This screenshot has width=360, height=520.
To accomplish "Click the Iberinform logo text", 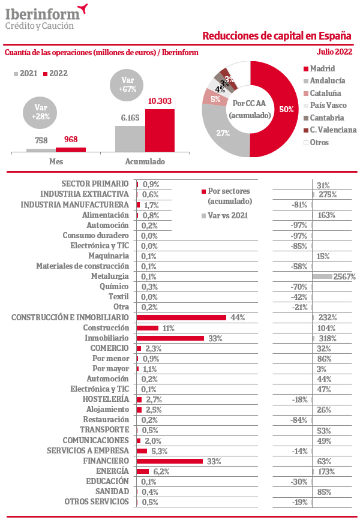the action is pyautogui.click(x=43, y=14).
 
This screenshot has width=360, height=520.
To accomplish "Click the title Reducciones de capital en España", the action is pyautogui.click(x=277, y=36).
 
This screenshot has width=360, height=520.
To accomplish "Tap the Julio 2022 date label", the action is pyautogui.click(x=334, y=52).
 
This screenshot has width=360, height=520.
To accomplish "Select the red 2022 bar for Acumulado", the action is pyautogui.click(x=160, y=131).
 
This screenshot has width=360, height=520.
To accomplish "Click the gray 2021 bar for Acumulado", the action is pyautogui.click(x=130, y=139).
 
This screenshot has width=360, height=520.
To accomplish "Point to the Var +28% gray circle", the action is pyautogui.click(x=40, y=112).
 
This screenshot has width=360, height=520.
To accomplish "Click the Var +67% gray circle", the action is pyautogui.click(x=127, y=85).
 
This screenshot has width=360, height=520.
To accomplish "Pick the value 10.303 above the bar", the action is pyautogui.click(x=160, y=101).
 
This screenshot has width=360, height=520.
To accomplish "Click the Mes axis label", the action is pyautogui.click(x=56, y=161).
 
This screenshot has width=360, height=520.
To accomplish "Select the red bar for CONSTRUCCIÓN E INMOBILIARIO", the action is pyautogui.click(x=181, y=318).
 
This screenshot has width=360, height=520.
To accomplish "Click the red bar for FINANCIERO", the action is pyautogui.click(x=170, y=461).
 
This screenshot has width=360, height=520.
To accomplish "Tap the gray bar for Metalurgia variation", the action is pyautogui.click(x=322, y=276).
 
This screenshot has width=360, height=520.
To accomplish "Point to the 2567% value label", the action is pyautogui.click(x=344, y=276).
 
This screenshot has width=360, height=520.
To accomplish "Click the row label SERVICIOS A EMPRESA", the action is pyautogui.click(x=88, y=450).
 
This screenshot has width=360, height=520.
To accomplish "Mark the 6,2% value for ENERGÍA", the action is pyautogui.click(x=161, y=471).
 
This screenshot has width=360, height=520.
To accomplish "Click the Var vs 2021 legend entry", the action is pyautogui.click(x=224, y=215).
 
